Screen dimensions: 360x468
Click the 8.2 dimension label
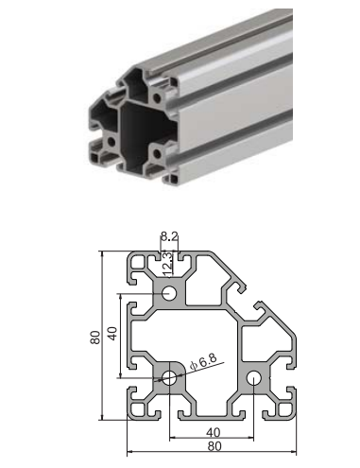[x=169, y=235]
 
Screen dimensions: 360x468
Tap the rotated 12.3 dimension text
[x=167, y=263]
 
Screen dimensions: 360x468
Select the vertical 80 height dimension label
[x=95, y=338]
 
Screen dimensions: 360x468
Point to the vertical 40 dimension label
[x=112, y=334]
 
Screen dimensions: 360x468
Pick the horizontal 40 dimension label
[x=214, y=432]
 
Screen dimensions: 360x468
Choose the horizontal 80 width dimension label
[x=214, y=446]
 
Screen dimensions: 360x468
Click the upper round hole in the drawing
[x=169, y=293]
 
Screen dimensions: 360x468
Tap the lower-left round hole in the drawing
[x=169, y=377]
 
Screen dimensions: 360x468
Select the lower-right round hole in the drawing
[x=253, y=377]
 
